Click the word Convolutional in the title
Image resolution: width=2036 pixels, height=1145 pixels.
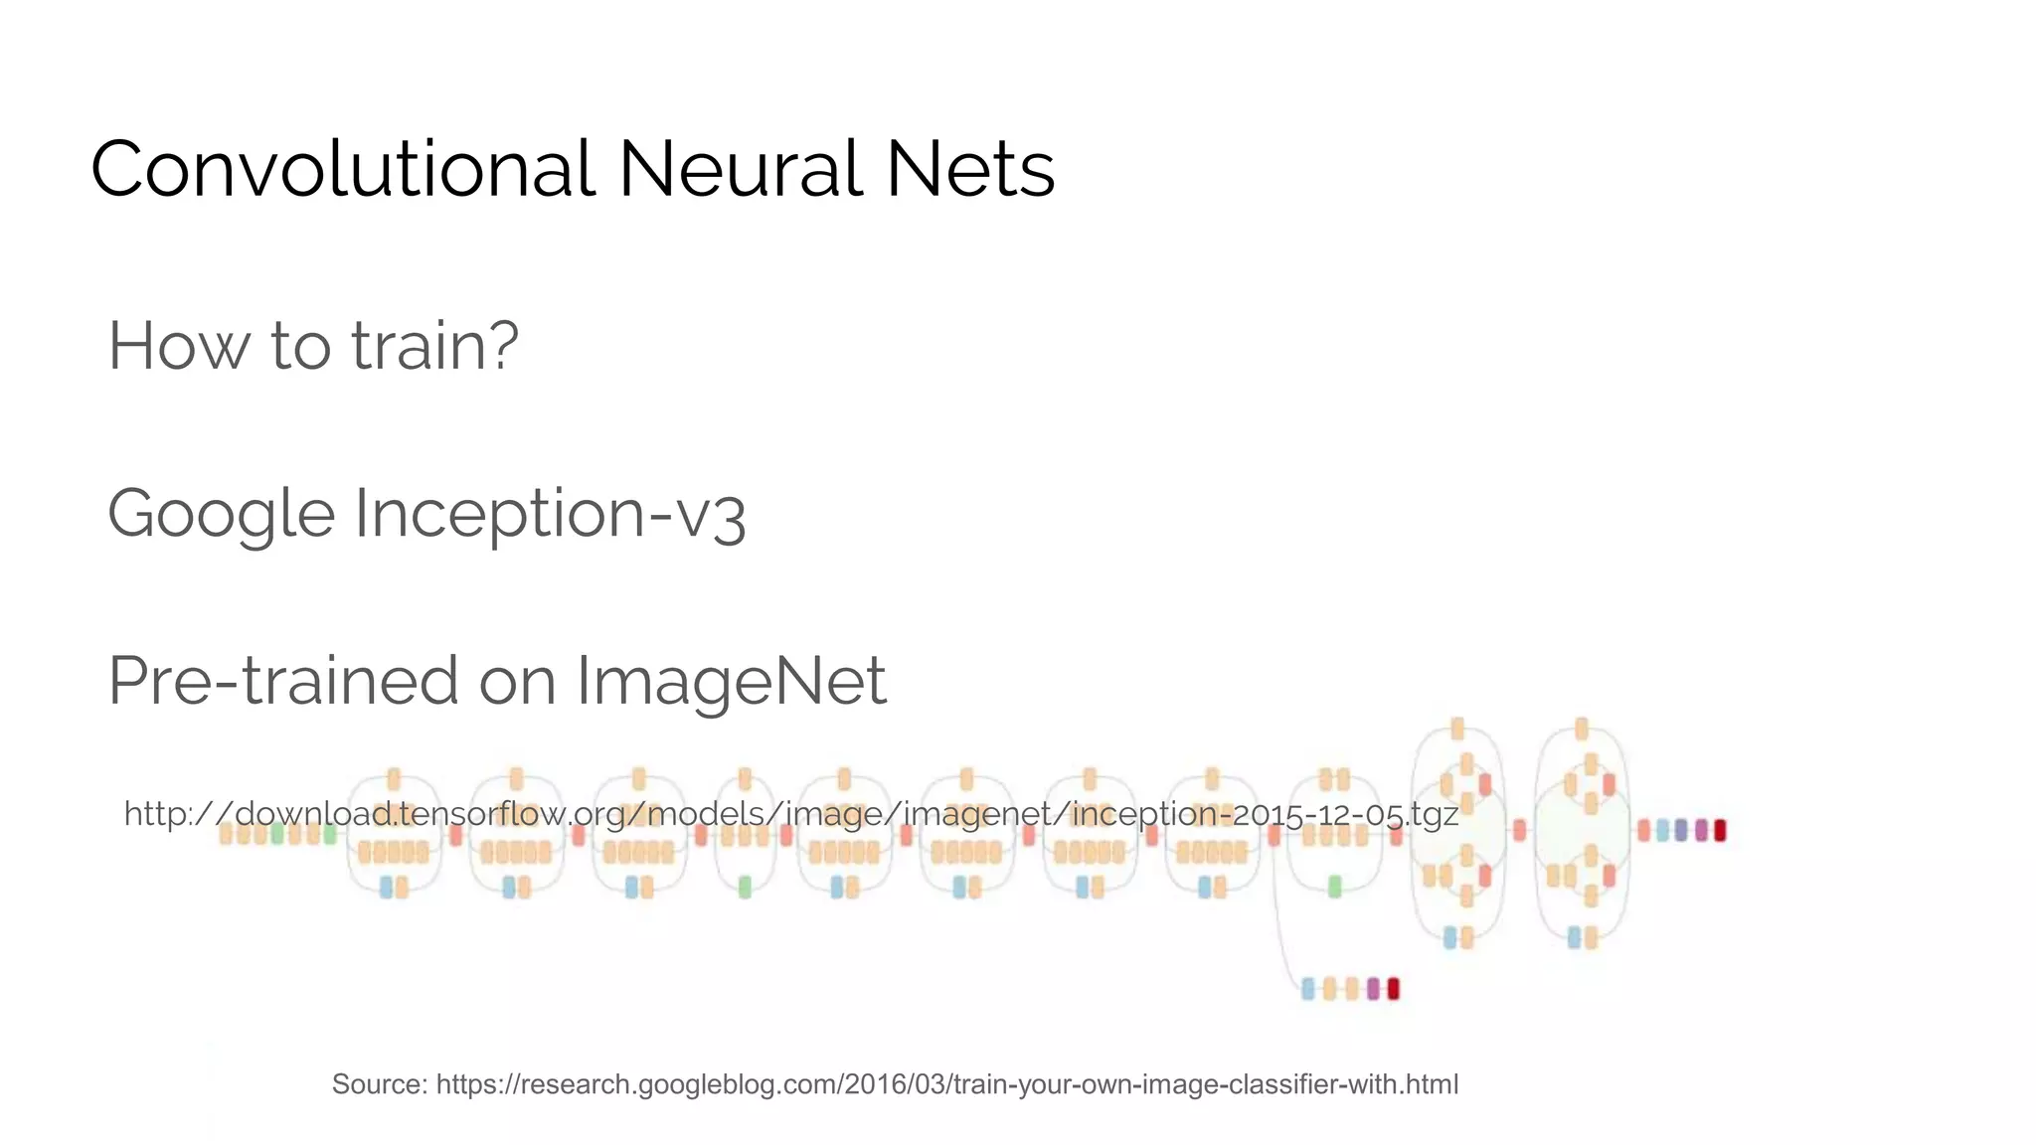pyautogui.click(x=342, y=169)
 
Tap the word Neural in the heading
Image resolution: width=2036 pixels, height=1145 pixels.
pyautogui.click(x=740, y=169)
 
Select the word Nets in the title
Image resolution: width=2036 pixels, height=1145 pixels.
pyautogui.click(x=969, y=169)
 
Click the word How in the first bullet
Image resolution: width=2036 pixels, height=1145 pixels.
pyautogui.click(x=180, y=346)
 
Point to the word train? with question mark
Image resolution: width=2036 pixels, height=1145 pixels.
pyautogui.click(x=434, y=346)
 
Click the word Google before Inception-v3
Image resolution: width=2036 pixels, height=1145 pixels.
pyautogui.click(x=221, y=515)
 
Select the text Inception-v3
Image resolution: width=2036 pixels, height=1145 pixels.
pyautogui.click(x=549, y=515)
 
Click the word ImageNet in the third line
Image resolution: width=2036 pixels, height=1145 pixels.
pyautogui.click(x=731, y=682)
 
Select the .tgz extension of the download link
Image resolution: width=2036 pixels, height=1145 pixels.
pyautogui.click(x=1433, y=816)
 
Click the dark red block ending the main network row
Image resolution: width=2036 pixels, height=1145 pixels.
pyautogui.click(x=1720, y=830)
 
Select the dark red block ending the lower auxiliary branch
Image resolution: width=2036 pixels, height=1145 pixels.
pyautogui.click(x=1393, y=989)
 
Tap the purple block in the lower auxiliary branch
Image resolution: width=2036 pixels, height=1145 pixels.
pyautogui.click(x=1373, y=989)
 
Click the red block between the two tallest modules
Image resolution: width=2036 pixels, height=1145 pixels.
pyautogui.click(x=1519, y=830)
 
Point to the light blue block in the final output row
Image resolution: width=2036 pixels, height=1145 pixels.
pyautogui.click(x=1662, y=830)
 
